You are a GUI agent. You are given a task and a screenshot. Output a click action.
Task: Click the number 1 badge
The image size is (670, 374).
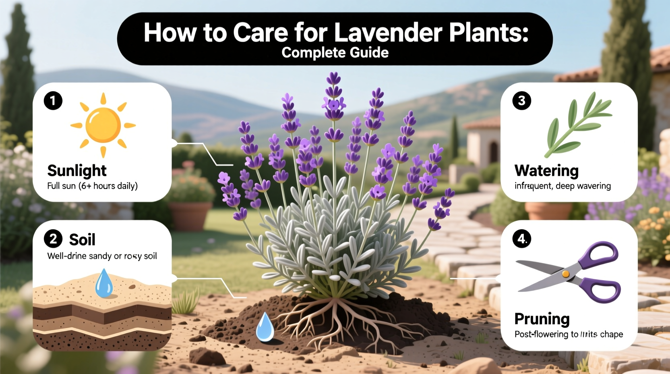click(x=53, y=101)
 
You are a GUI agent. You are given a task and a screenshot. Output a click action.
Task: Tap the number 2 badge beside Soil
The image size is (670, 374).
click(x=53, y=239)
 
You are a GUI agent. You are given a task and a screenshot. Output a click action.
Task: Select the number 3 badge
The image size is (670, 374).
click(x=521, y=101)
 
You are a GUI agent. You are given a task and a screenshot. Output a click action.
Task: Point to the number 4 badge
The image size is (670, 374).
click(x=522, y=239)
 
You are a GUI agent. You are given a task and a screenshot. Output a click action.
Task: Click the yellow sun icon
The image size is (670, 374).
click(x=103, y=125)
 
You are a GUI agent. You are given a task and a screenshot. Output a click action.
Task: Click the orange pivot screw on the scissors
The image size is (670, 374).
click(x=566, y=274)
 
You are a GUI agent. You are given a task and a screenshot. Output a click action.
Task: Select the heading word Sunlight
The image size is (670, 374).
click(x=77, y=171)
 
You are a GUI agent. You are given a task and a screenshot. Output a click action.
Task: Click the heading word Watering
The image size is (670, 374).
click(x=546, y=171)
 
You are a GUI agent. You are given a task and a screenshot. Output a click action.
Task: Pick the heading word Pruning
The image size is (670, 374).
click(x=542, y=319)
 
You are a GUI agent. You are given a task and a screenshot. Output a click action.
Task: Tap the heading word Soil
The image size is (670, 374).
click(x=82, y=240)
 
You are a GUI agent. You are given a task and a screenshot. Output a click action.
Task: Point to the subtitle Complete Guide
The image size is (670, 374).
click(x=335, y=53)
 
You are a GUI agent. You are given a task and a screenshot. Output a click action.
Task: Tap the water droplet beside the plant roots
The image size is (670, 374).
click(x=265, y=327)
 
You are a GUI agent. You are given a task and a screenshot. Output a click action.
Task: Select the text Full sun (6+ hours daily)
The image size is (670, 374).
click(x=92, y=186)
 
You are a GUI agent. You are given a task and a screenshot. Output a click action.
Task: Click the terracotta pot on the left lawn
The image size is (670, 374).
click(x=190, y=215)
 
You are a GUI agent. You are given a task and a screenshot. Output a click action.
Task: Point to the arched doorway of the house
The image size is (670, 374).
click(x=494, y=152)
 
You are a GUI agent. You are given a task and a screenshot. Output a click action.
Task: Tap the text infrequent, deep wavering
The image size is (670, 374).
click(x=562, y=186)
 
